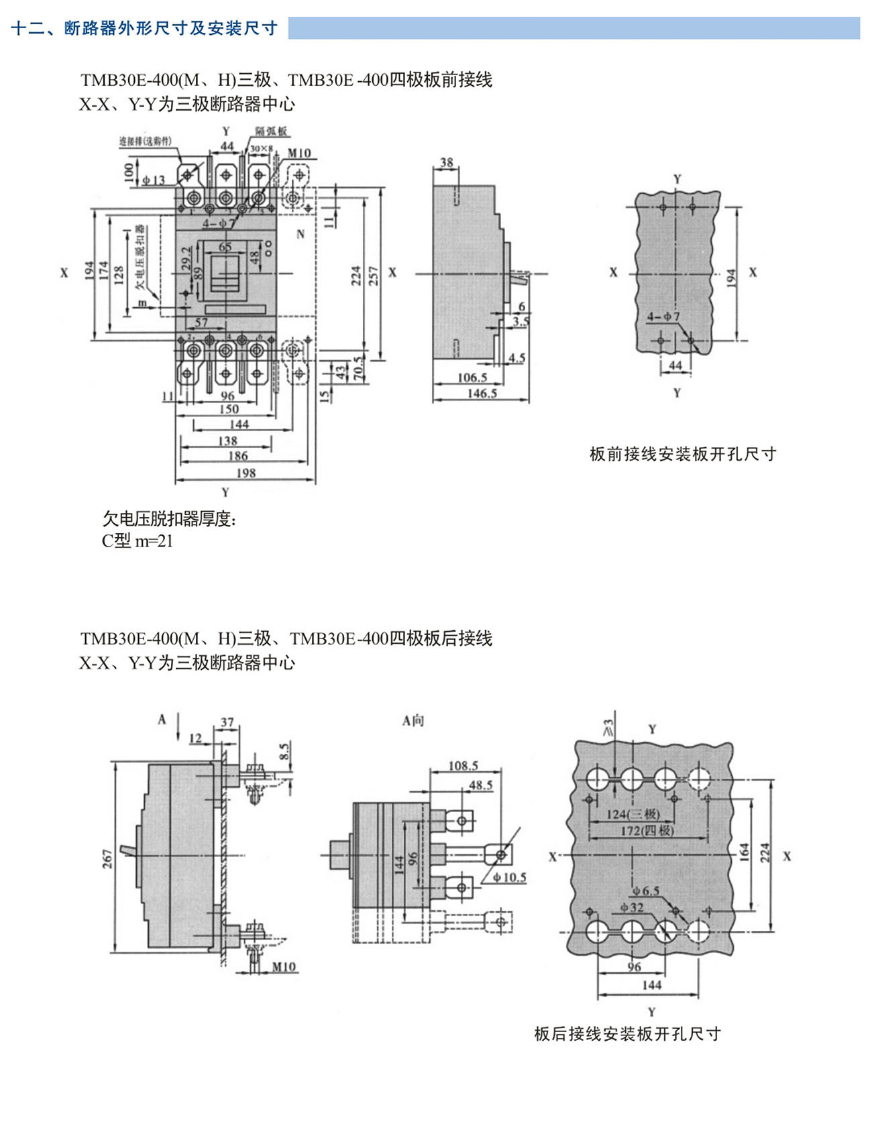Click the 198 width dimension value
(246, 473)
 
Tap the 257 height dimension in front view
(374, 276)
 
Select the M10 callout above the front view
(299, 153)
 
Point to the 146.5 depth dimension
(482, 393)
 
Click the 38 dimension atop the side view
(446, 162)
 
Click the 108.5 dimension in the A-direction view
(463, 765)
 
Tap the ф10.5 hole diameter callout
(509, 877)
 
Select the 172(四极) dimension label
(647, 830)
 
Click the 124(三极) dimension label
(633, 814)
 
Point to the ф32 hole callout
(631, 907)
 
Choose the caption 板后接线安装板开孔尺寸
(627, 1033)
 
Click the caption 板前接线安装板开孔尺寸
(683, 454)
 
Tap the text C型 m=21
(138, 541)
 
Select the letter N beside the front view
(301, 234)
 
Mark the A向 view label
(413, 720)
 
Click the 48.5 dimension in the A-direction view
(480, 785)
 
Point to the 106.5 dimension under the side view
(472, 378)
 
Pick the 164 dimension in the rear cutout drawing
(745, 852)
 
